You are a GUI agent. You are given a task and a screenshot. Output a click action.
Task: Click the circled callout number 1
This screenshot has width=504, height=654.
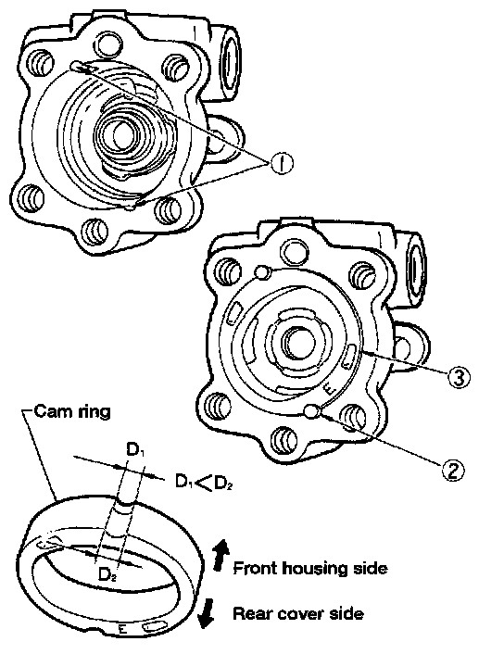282,163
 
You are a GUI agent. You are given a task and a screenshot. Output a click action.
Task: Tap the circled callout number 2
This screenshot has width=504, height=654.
453,470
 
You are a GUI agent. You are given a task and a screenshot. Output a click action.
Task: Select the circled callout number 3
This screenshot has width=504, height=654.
459,377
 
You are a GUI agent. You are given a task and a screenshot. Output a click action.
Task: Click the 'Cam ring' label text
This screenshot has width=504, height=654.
72,411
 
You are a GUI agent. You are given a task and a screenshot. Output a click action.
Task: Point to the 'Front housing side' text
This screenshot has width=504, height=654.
310,568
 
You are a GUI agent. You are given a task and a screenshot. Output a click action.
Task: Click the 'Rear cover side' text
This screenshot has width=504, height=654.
298,613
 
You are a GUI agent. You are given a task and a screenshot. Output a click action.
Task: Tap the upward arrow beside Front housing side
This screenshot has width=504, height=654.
220,555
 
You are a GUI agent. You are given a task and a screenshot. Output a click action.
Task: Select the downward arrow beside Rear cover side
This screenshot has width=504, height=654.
206,613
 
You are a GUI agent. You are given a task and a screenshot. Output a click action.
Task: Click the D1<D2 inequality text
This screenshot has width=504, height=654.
204,483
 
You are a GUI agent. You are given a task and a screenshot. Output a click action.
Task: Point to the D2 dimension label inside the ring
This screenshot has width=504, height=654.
107,574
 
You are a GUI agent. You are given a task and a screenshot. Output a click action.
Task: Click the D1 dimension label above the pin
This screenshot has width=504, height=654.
134,450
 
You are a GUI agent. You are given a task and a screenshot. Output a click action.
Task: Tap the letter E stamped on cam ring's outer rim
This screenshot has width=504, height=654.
122,629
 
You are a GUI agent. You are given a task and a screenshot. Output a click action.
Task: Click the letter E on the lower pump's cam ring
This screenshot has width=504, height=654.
330,390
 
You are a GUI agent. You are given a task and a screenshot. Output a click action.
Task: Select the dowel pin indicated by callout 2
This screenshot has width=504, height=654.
312,411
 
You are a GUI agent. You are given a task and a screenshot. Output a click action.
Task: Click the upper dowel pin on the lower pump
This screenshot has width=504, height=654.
263,272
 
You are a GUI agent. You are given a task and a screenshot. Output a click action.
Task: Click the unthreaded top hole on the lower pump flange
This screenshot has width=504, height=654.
296,252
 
